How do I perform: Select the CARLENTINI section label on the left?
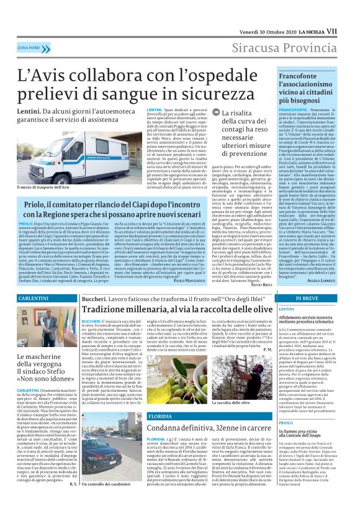[x=32, y=299]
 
